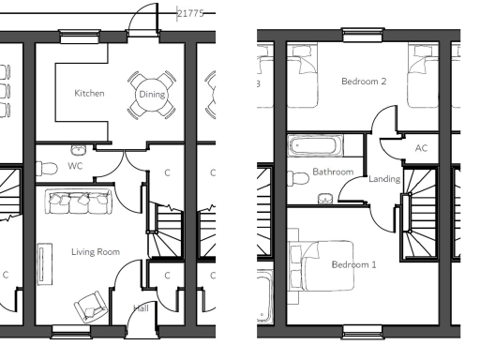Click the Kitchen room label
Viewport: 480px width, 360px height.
coord(90,94)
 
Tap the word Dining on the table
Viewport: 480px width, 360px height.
coord(151,94)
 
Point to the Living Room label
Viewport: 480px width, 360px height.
coord(96,251)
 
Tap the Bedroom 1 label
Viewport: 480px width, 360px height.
coord(353,264)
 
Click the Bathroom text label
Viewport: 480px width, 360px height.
coord(333,172)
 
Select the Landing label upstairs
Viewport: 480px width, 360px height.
coord(385,179)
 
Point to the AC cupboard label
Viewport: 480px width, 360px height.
coord(421,148)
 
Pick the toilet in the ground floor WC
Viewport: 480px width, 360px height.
coord(43,167)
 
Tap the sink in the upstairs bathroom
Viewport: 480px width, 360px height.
coord(325,197)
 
